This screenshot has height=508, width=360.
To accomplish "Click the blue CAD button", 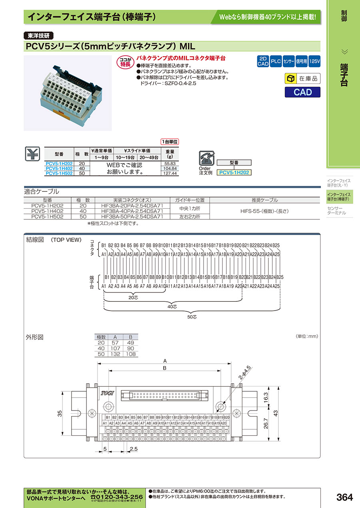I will (303, 92).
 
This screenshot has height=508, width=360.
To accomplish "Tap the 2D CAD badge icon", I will (262, 61).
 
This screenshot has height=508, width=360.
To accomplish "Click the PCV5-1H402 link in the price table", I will (59, 169).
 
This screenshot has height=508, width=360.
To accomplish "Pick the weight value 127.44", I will (170, 173).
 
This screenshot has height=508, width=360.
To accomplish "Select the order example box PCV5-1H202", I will (234, 172).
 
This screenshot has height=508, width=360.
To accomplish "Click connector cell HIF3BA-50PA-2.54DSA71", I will (132, 216).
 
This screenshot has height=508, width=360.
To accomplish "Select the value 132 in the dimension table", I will (115, 354).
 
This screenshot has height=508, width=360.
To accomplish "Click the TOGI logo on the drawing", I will (107, 393).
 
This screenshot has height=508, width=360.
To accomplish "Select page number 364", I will (344, 497).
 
